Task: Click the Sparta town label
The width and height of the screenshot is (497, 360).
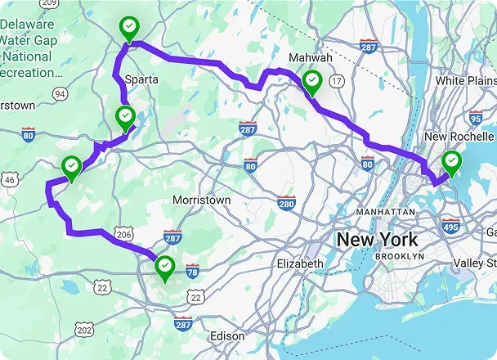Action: (x=142, y=79)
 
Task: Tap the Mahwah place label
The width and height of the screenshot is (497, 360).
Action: (x=311, y=58)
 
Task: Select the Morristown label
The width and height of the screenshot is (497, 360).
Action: (x=202, y=200)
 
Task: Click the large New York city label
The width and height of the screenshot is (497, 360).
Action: (x=378, y=240)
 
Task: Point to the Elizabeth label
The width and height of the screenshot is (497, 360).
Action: (x=301, y=264)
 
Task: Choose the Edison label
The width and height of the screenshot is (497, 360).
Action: (x=227, y=335)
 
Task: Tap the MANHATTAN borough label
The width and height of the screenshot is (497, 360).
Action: (x=386, y=211)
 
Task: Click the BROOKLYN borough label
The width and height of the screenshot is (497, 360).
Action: (x=400, y=256)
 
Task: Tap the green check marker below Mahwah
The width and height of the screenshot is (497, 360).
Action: (x=311, y=81)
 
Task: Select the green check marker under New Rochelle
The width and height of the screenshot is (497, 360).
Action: (x=450, y=162)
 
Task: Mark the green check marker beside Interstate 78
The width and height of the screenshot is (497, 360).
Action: (x=166, y=266)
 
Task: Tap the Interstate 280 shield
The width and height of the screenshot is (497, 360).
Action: (x=286, y=204)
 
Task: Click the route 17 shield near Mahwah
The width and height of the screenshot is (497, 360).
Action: (x=336, y=80)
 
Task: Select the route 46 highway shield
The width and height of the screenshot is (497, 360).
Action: (x=10, y=179)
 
